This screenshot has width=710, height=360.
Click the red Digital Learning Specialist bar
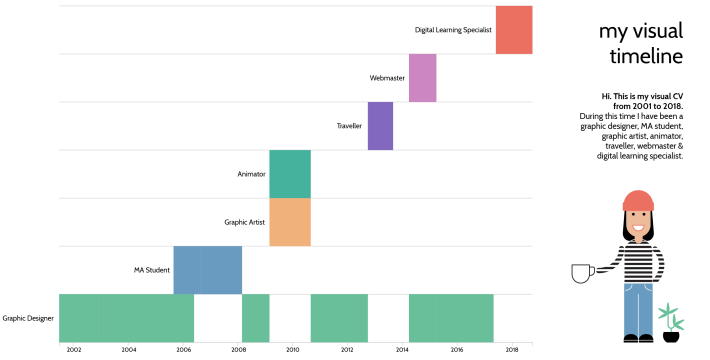513,30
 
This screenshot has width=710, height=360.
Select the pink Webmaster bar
422,78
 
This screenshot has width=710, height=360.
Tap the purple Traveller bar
380,126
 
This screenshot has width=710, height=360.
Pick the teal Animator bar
290,174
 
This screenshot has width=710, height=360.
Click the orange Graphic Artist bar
290,222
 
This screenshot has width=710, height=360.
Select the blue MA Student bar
207,270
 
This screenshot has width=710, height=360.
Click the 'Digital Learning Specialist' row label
453,30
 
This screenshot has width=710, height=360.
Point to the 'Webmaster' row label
387,78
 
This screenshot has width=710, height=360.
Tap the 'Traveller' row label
349,126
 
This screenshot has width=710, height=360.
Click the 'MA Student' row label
152,270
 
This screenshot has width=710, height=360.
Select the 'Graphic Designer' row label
28,318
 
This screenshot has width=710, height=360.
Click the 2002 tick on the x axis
74,350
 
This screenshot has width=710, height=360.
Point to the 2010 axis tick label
292,350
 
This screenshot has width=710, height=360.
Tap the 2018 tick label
511,350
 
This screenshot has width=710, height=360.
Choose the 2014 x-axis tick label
402,350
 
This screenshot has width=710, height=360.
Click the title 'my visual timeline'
640,43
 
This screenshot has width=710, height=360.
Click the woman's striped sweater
637,262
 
